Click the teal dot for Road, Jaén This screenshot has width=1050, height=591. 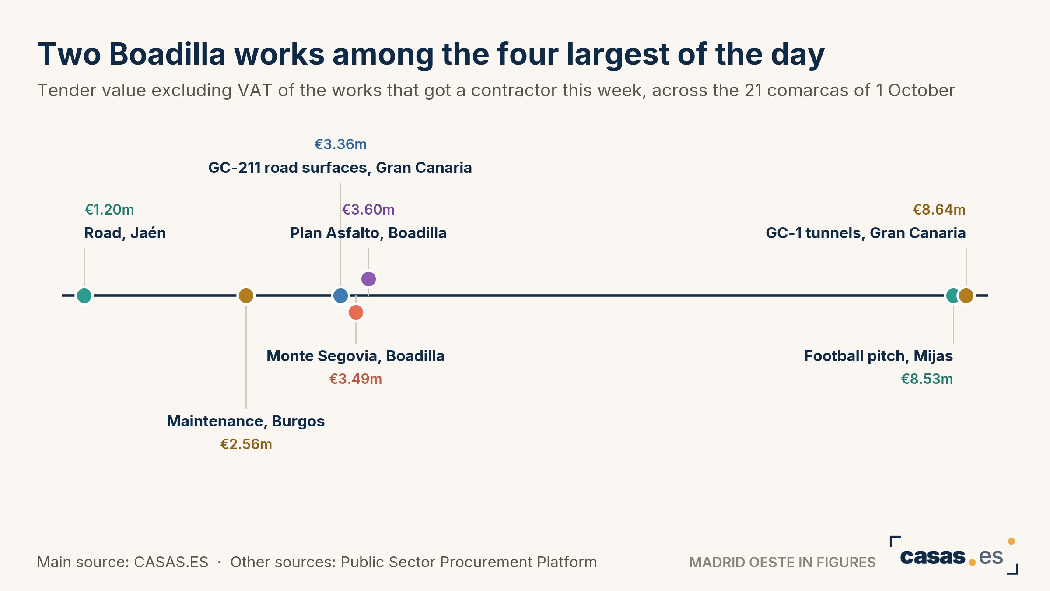(84, 295)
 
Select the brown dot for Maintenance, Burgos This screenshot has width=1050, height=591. (246, 295)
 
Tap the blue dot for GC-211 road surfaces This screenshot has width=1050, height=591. (340, 295)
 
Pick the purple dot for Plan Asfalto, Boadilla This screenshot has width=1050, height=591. (368, 279)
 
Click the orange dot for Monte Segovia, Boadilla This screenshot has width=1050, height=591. (356, 313)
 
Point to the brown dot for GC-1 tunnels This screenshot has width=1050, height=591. (966, 295)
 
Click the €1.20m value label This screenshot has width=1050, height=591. (109, 210)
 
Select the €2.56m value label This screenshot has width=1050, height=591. (246, 444)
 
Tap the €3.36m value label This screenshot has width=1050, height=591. (340, 144)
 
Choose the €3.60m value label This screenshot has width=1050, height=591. (368, 210)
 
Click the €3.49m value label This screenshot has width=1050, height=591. (356, 379)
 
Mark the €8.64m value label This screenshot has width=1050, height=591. (939, 210)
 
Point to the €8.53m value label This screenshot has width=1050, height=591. (927, 379)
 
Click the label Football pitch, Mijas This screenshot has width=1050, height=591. (878, 356)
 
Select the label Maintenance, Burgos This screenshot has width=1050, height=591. (246, 421)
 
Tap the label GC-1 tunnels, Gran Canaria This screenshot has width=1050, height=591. (866, 233)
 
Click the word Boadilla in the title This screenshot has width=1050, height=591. (167, 54)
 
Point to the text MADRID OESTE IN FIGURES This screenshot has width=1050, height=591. (782, 562)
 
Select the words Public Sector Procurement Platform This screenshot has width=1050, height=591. (469, 562)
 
